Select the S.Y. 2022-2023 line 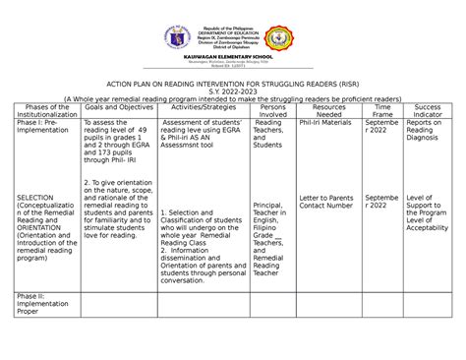[233, 90]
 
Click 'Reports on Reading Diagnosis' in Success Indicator [428, 136]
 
